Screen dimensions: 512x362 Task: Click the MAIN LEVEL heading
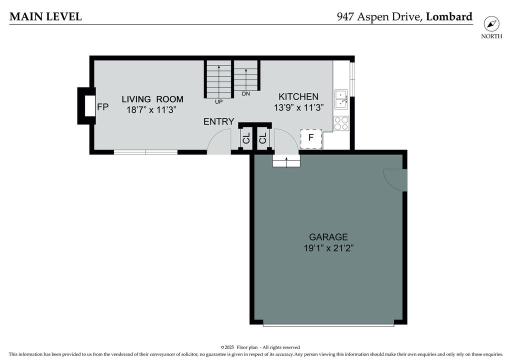pos(45,16)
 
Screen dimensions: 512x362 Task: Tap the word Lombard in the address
pos(449,16)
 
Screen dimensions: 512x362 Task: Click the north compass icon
pos(491,24)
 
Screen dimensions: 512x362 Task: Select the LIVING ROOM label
pos(152,99)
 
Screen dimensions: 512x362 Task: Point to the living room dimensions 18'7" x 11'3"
pos(151,109)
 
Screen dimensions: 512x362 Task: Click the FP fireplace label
pos(103,106)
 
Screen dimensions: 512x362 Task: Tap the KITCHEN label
pos(298,96)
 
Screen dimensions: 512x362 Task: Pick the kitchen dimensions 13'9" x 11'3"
pos(298,107)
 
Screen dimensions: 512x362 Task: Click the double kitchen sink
pos(341,99)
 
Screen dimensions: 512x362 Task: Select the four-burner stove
pos(341,123)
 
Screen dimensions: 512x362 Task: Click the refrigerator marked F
pos(311,138)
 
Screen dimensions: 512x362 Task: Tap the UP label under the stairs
pos(219,102)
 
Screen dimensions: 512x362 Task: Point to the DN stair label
pos(246,94)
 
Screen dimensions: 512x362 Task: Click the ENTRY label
pos(219,122)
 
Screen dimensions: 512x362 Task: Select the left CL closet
pos(246,138)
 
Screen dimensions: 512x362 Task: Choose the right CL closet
pos(263,138)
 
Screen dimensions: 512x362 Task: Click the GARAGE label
pos(328,237)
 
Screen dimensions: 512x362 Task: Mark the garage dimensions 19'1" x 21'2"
pos(329,248)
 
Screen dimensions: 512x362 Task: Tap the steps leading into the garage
pos(286,160)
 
